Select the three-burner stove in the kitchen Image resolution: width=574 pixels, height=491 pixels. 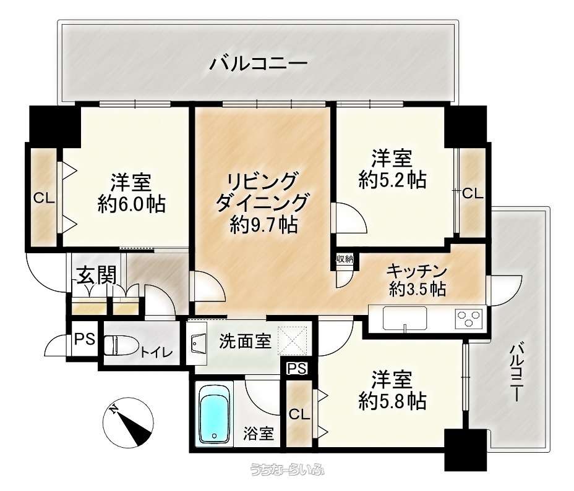[x=468, y=319]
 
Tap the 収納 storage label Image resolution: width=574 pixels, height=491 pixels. [x=345, y=259]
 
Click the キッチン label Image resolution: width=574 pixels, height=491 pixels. [x=416, y=270]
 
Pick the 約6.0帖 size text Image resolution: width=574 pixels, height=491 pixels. [x=131, y=204]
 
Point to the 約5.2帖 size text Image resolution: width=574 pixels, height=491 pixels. [x=392, y=180]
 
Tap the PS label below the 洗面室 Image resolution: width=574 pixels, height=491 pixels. [x=297, y=369]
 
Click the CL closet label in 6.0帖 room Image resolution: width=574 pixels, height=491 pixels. [x=43, y=198]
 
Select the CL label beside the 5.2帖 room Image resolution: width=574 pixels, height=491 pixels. [x=472, y=193]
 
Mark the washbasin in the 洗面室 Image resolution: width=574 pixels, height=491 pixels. [x=198, y=343]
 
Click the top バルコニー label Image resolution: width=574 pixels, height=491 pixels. [x=258, y=64]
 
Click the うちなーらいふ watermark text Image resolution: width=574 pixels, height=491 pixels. [x=287, y=471]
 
